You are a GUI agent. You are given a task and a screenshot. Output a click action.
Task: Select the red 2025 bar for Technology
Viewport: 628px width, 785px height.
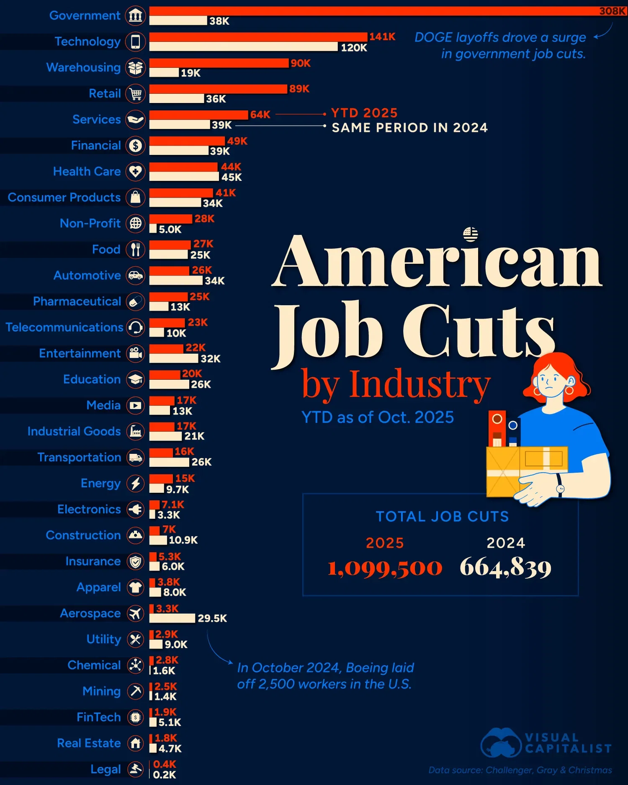[x=258, y=37]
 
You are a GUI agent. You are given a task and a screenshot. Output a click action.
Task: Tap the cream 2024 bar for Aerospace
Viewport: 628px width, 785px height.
[x=172, y=618]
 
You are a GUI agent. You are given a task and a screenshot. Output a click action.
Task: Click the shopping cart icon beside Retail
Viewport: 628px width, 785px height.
[x=136, y=94]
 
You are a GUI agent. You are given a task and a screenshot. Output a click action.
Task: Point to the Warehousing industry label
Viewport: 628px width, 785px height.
[x=83, y=67]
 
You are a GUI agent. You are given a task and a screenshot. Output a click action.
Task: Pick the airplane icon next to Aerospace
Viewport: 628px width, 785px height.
[x=136, y=614]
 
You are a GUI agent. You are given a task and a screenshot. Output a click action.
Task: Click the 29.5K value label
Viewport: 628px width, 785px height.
[x=212, y=618]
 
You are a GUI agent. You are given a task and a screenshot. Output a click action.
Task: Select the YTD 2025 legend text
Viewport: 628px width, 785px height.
[x=364, y=113]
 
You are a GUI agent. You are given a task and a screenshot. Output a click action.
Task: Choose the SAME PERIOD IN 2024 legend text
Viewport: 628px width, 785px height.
[x=409, y=128]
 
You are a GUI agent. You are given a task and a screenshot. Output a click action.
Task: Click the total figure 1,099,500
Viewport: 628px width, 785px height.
[x=384, y=568]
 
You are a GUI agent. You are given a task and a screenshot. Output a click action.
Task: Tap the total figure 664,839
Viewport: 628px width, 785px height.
[x=505, y=568]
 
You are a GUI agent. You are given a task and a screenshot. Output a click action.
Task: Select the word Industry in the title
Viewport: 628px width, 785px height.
[x=420, y=384]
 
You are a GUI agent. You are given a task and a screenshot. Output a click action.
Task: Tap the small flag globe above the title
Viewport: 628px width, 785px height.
[x=471, y=234]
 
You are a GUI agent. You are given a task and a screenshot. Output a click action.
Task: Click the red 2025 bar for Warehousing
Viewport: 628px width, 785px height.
[x=219, y=63]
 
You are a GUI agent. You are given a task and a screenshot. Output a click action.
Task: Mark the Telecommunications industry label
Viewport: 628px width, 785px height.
[x=64, y=327]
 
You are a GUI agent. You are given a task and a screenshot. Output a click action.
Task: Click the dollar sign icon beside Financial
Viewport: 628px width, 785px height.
[x=136, y=146]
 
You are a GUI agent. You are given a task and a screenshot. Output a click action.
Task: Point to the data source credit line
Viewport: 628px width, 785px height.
[x=520, y=770]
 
